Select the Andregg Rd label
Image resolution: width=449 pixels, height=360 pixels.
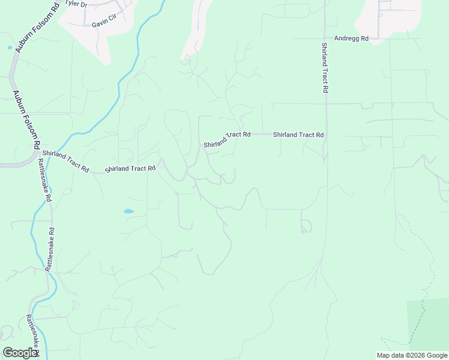click(351, 38)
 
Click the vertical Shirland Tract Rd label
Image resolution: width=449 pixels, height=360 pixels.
click(324, 68)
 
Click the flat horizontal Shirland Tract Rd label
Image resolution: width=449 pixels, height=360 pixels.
click(298, 135)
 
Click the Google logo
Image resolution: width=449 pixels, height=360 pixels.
click(20, 353)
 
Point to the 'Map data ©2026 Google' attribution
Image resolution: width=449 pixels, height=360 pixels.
click(412, 355)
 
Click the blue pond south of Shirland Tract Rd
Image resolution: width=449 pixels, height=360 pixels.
click(128, 211)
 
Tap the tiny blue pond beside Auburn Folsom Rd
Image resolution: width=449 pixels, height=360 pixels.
click(9, 47)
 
